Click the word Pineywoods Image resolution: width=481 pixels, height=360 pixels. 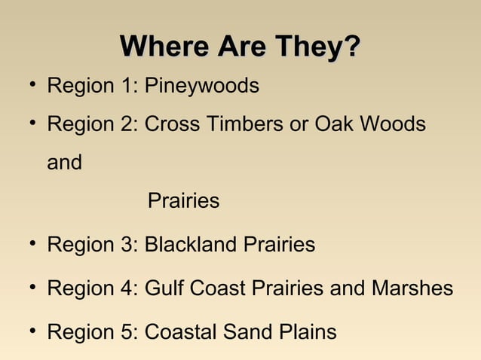[x=201, y=87]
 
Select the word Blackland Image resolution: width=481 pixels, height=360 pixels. [x=191, y=245]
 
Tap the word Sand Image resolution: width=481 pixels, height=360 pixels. [x=241, y=332]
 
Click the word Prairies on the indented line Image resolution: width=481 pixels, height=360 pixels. [x=183, y=202]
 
